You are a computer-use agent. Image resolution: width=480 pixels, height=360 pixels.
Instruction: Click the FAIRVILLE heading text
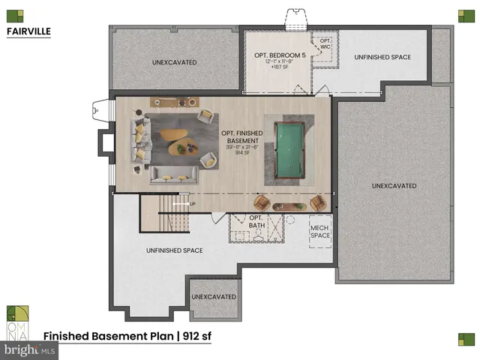pos(28,32)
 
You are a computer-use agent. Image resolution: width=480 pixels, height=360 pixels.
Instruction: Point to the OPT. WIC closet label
pos(325,43)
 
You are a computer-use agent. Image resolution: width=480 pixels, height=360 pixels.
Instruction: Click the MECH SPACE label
pos(321,231)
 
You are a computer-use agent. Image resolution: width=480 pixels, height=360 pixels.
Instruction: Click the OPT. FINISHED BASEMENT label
pos(241,140)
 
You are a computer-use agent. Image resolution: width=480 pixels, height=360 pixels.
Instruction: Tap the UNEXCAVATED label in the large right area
pos(393,185)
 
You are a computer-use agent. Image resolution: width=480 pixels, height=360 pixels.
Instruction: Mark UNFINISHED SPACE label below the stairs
pos(173,250)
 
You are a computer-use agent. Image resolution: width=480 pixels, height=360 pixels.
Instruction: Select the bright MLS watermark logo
pos(30,349)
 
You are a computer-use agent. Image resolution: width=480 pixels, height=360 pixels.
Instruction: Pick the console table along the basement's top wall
pos(175,102)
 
